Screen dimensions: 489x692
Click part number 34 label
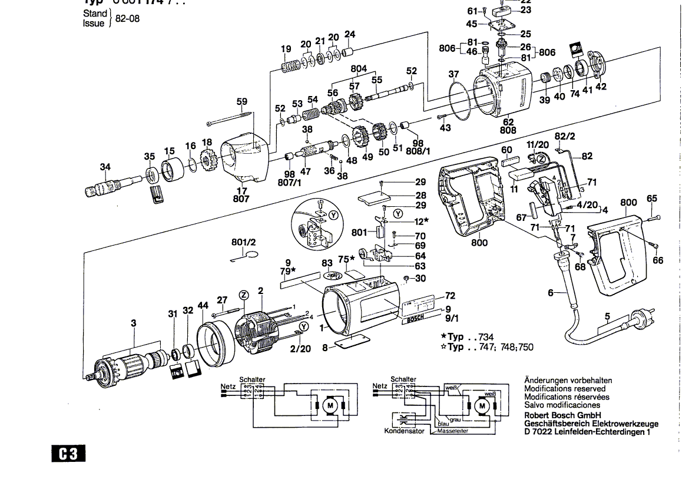click(105, 167)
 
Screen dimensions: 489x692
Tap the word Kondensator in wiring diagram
click(404, 431)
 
